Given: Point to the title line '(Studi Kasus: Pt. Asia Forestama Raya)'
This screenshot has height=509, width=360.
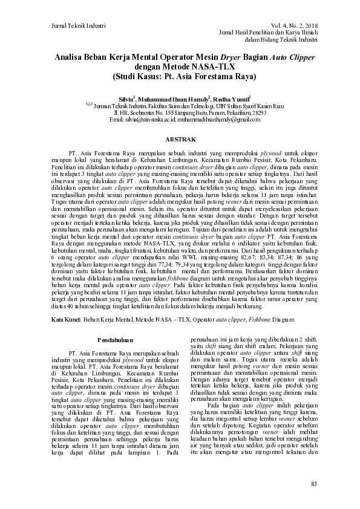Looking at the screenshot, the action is point(180,77).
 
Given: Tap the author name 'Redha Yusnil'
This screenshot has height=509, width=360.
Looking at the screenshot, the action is point(228,99).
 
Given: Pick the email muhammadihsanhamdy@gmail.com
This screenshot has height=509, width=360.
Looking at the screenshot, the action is point(218,119).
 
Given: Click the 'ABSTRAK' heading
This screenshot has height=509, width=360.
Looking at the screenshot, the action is point(180,139).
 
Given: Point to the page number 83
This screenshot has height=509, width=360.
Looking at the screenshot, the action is point(313,484).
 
